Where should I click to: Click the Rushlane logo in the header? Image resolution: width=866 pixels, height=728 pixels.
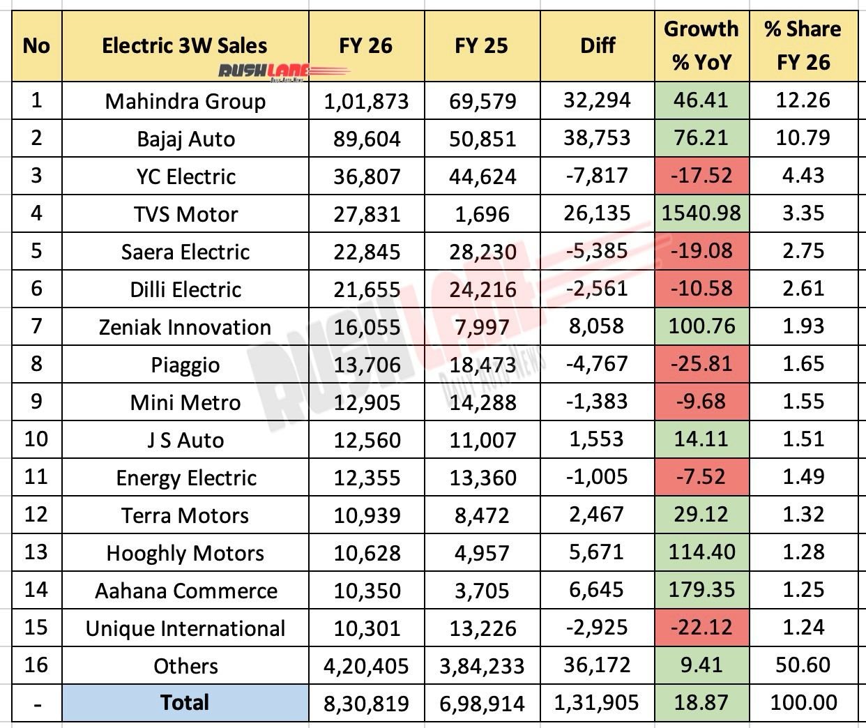282,70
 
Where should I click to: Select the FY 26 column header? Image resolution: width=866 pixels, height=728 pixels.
365,46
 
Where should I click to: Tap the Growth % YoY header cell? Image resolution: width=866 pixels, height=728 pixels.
701,45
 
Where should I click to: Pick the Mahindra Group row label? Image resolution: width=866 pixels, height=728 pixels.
185,102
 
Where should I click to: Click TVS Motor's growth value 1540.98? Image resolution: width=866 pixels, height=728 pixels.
701,214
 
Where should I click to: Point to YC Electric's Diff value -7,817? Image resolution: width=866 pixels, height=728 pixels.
597,176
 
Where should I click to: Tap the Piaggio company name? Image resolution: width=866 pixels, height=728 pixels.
185,365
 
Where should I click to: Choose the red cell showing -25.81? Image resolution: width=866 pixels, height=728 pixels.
701,365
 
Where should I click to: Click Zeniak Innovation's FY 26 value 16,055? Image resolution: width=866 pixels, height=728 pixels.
365,327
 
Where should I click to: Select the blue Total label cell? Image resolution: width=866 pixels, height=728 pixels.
185,702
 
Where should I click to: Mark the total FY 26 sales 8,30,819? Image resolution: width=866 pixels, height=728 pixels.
365,703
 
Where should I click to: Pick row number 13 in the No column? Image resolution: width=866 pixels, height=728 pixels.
36,552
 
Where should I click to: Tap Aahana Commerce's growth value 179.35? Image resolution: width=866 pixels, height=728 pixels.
701,591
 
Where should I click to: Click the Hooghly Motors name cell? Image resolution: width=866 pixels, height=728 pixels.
185,554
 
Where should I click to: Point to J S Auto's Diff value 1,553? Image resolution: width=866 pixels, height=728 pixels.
597,440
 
